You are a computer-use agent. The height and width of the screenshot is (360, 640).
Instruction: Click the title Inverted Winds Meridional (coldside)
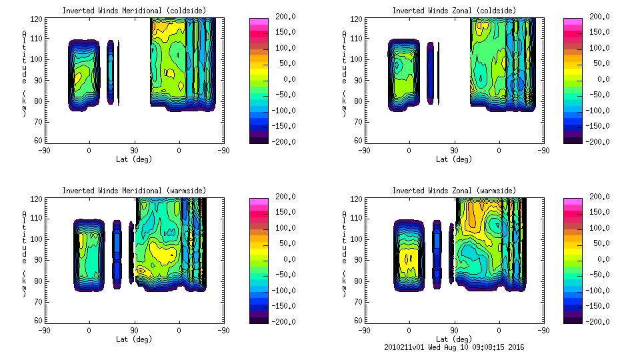(x=134, y=11)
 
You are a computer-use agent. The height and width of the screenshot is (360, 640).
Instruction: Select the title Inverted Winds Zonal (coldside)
(x=454, y=11)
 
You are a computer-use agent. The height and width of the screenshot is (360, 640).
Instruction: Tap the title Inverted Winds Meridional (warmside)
(x=134, y=191)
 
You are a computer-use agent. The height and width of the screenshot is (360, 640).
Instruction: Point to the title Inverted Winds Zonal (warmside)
(x=454, y=191)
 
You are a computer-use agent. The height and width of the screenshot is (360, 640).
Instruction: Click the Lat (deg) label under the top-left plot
(x=134, y=159)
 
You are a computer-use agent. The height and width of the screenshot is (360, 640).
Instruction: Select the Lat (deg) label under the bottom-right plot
(x=454, y=339)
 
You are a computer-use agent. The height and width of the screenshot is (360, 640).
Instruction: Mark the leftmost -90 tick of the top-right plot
(x=364, y=150)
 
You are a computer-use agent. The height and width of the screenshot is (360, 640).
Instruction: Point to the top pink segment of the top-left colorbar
(x=259, y=22)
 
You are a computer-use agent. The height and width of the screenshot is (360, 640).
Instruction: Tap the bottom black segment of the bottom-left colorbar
(x=259, y=319)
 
